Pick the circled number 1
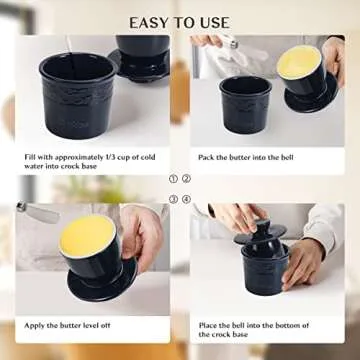click(x=172, y=180)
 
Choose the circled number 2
click(x=186, y=180)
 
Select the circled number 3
click(x=172, y=199)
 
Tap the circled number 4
click(x=186, y=199)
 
